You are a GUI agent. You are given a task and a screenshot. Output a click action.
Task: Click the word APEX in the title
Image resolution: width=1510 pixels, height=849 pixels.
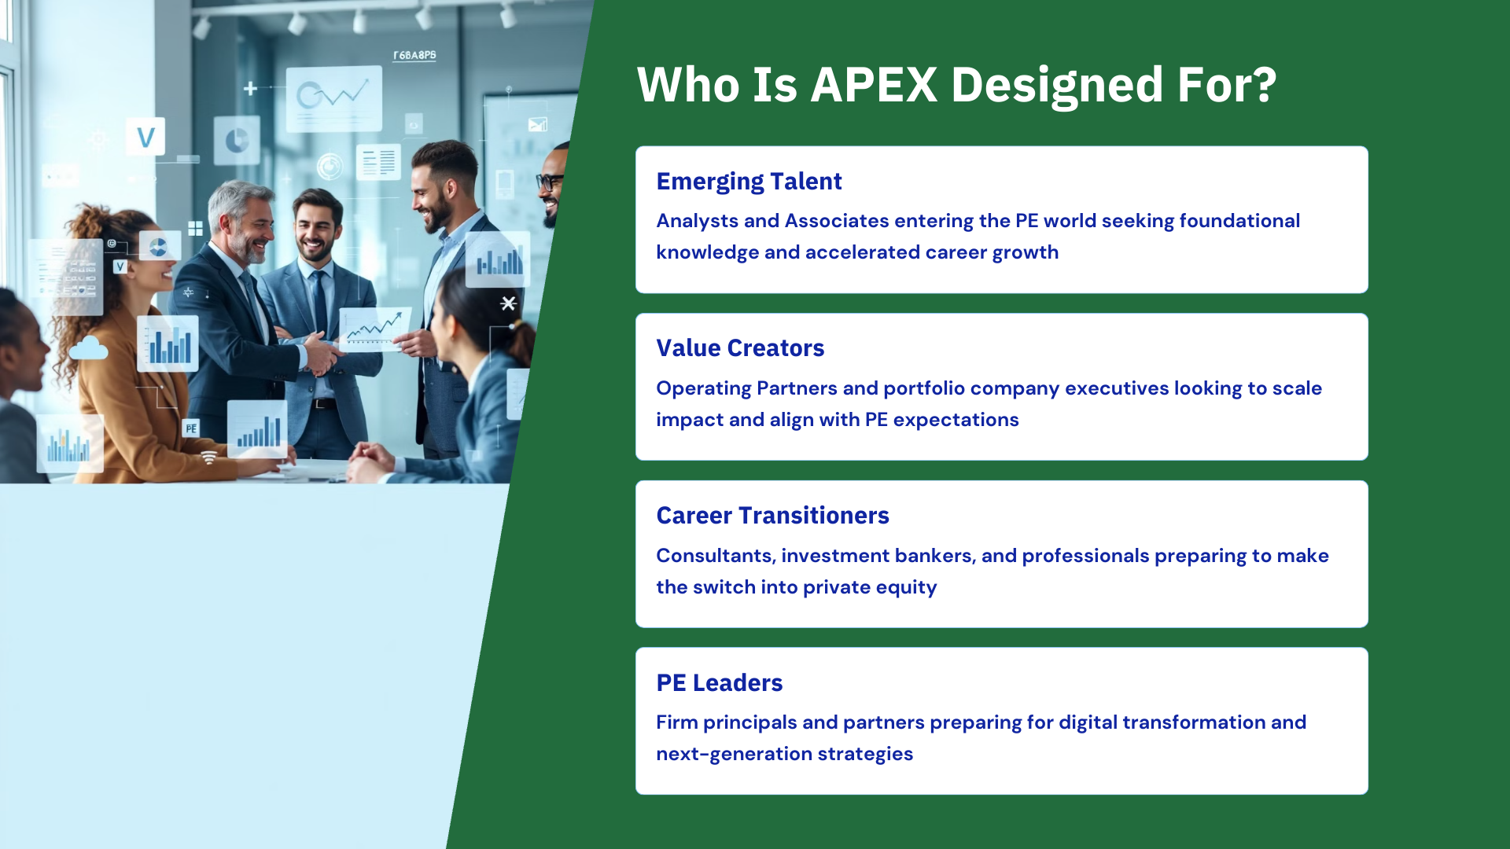(874, 85)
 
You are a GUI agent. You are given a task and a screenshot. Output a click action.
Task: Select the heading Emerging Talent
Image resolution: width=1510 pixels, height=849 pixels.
(749, 182)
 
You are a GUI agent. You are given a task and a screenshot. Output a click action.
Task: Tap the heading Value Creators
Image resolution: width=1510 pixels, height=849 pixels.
(740, 347)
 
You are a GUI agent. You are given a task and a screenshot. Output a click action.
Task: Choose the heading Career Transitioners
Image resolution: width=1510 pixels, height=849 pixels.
(772, 515)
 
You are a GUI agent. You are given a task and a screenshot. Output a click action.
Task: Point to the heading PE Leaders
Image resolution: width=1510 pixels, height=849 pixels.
(720, 682)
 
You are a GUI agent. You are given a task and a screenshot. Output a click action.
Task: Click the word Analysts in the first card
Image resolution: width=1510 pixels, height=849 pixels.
(698, 221)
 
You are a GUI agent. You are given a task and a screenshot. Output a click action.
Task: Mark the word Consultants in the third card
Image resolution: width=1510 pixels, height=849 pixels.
(716, 556)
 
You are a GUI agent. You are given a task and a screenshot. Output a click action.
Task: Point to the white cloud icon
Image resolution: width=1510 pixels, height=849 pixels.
(88, 347)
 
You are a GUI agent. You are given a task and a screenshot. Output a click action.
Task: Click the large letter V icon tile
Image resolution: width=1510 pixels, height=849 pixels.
(145, 138)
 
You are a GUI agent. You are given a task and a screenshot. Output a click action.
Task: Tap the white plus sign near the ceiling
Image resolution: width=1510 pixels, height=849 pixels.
(250, 88)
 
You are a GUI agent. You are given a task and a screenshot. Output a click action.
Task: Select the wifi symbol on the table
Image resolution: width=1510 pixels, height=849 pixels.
(209, 458)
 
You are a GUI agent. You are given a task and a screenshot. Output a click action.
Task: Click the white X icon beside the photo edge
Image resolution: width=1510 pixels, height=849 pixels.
(508, 303)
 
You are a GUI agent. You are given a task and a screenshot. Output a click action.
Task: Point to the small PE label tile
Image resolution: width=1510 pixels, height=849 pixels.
(190, 428)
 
